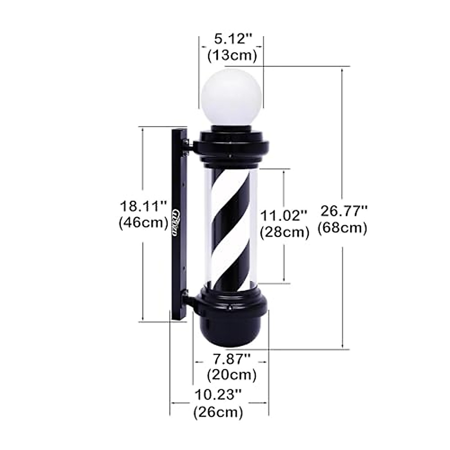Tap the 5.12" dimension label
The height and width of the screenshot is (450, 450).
click(232, 39)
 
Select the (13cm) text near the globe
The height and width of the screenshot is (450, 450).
click(232, 55)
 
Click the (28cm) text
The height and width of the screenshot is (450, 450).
click(285, 232)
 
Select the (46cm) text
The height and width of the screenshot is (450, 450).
click(143, 223)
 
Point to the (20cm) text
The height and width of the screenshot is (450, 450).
click(231, 374)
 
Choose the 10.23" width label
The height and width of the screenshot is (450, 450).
click(218, 394)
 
